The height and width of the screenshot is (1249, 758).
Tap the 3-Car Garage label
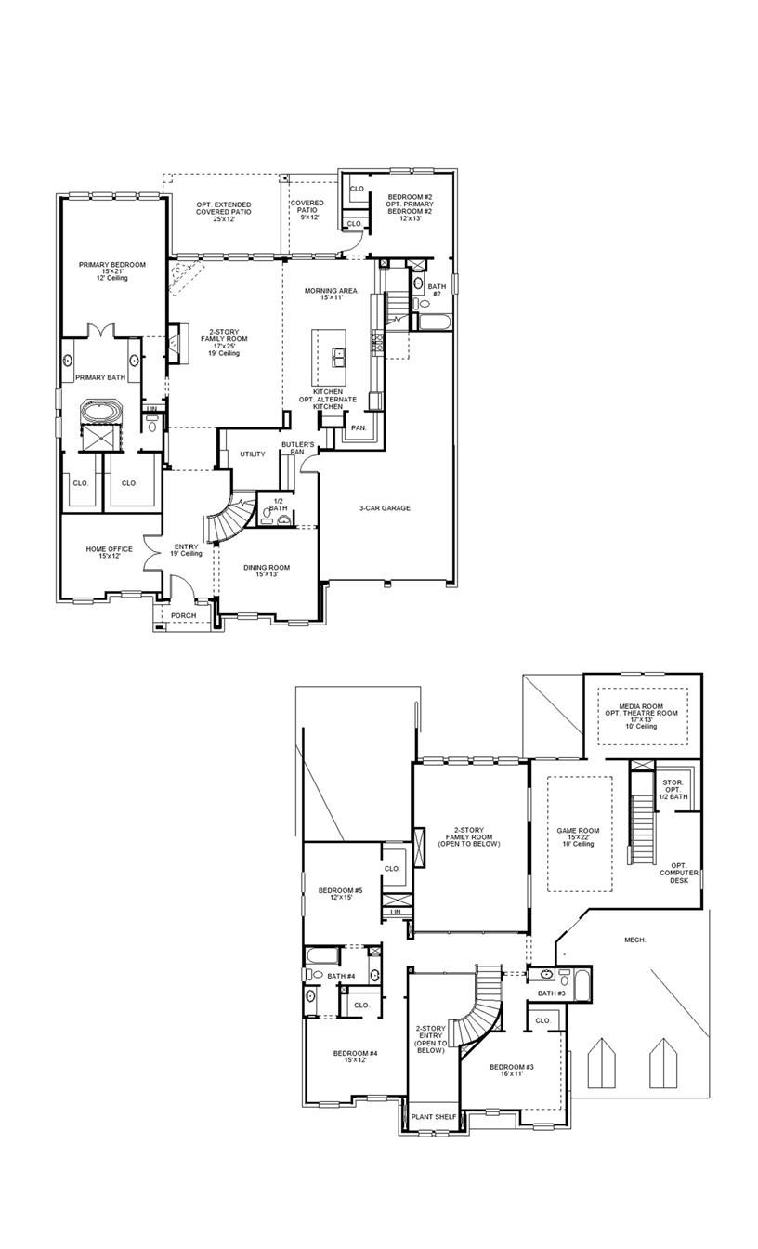pyautogui.click(x=385, y=508)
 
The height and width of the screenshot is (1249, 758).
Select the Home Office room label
pyautogui.click(x=109, y=553)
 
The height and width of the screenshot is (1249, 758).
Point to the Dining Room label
pyautogui.click(x=267, y=571)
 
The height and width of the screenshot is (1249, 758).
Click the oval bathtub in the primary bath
pyautogui.click(x=97, y=411)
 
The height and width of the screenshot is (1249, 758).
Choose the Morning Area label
pyautogui.click(x=331, y=295)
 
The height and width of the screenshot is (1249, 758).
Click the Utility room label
pyautogui.click(x=253, y=454)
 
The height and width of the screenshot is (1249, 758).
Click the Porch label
pyautogui.click(x=184, y=615)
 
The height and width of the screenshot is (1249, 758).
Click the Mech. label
pyautogui.click(x=634, y=940)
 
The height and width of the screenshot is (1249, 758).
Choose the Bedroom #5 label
pyautogui.click(x=340, y=894)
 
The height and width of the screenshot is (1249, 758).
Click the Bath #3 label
pyautogui.click(x=552, y=993)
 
